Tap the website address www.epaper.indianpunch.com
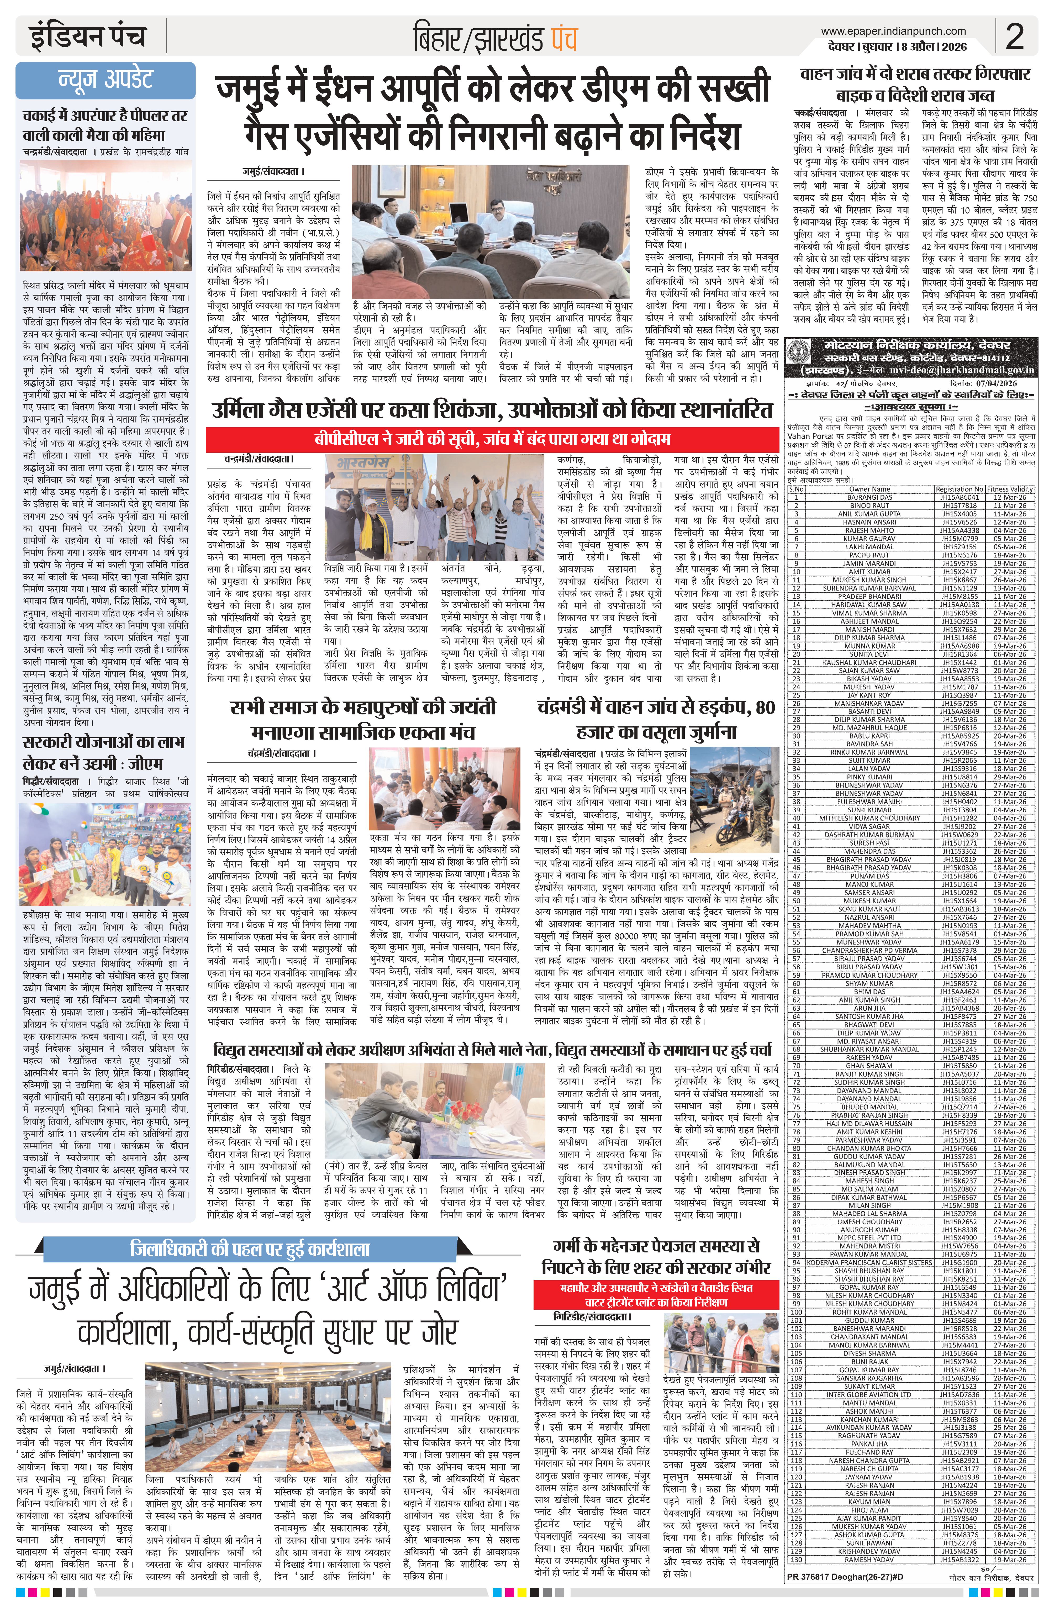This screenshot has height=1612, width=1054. point(893,30)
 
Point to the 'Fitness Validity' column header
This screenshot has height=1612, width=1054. point(1009,488)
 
